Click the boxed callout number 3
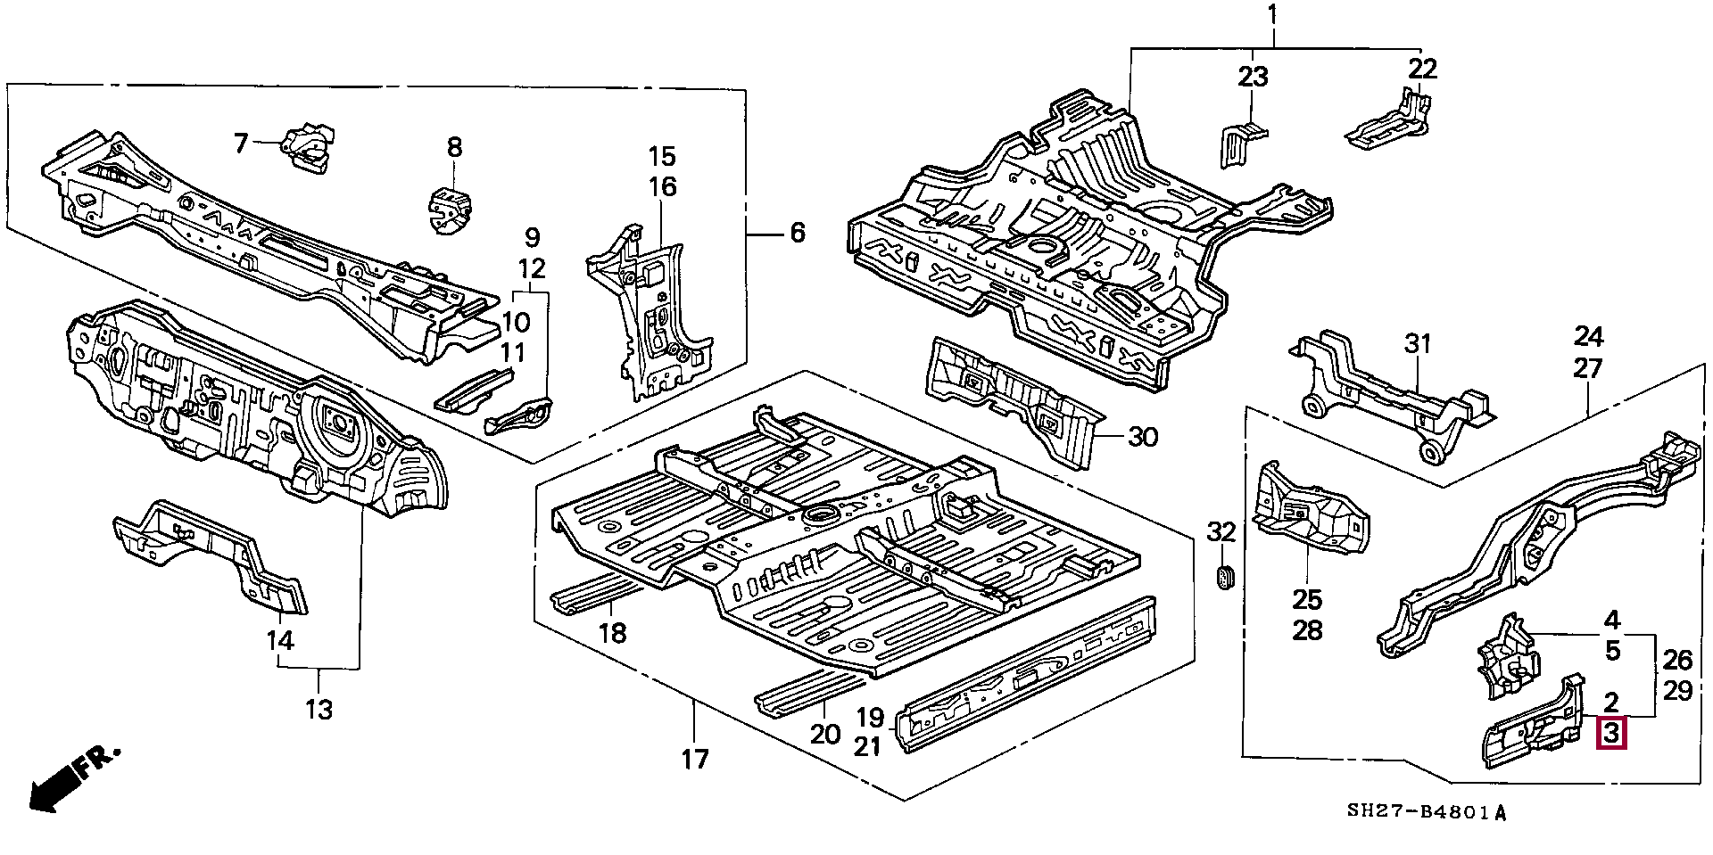pyautogui.click(x=1611, y=734)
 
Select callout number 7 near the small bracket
pyautogui.click(x=241, y=143)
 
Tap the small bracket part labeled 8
pyautogui.click(x=450, y=211)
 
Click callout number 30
pyautogui.click(x=1143, y=437)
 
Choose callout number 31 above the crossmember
pyautogui.click(x=1418, y=344)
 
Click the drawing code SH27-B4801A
pyautogui.click(x=1425, y=812)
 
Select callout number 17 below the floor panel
pyautogui.click(x=695, y=760)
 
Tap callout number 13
pyautogui.click(x=319, y=710)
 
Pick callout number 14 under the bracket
pyautogui.click(x=280, y=640)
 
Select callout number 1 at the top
pyautogui.click(x=1272, y=15)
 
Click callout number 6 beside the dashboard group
pyautogui.click(x=797, y=234)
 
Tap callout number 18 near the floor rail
pyautogui.click(x=612, y=632)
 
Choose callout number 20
pyautogui.click(x=826, y=734)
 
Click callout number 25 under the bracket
pyautogui.click(x=1307, y=599)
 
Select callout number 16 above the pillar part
pyautogui.click(x=662, y=187)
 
